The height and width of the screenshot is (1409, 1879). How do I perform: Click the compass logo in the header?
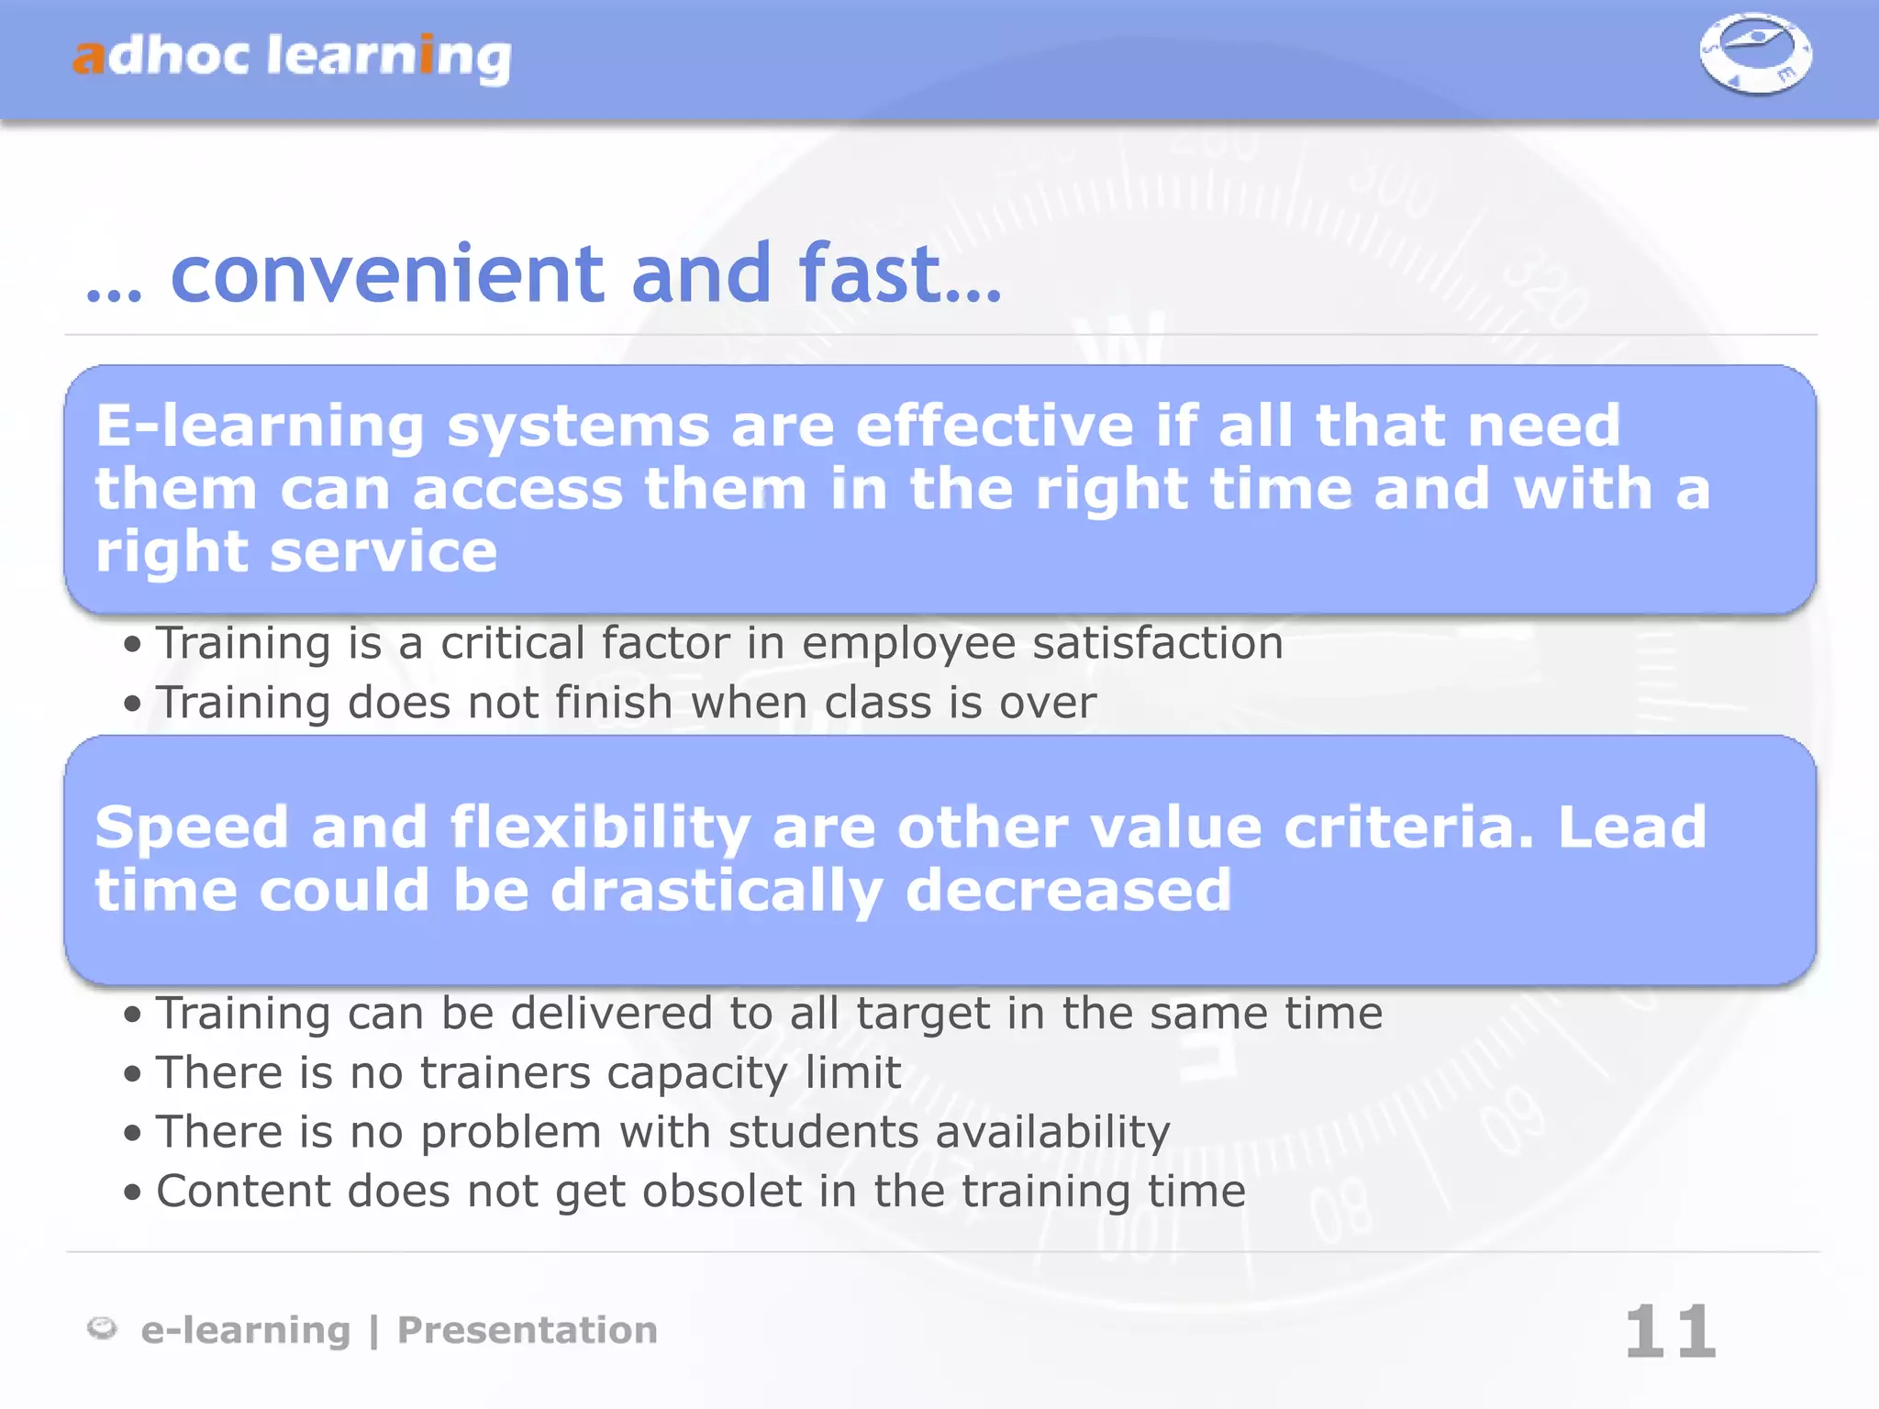tap(1754, 53)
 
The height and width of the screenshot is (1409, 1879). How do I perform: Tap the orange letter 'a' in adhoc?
tap(89, 57)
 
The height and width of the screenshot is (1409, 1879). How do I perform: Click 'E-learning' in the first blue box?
tap(260, 427)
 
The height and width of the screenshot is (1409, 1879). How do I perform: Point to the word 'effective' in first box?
tap(995, 426)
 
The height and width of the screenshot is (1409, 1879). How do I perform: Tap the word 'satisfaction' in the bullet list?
tap(1158, 642)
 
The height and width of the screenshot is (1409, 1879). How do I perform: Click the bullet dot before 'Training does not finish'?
tap(133, 704)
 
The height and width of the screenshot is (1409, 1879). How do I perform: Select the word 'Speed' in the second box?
tap(192, 827)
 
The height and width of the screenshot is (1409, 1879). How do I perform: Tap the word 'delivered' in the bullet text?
tap(611, 1014)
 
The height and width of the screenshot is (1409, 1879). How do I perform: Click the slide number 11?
tap(1670, 1332)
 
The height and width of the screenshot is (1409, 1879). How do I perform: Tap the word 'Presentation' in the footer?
tap(527, 1330)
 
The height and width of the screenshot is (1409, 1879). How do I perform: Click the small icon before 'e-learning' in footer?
tap(102, 1327)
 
